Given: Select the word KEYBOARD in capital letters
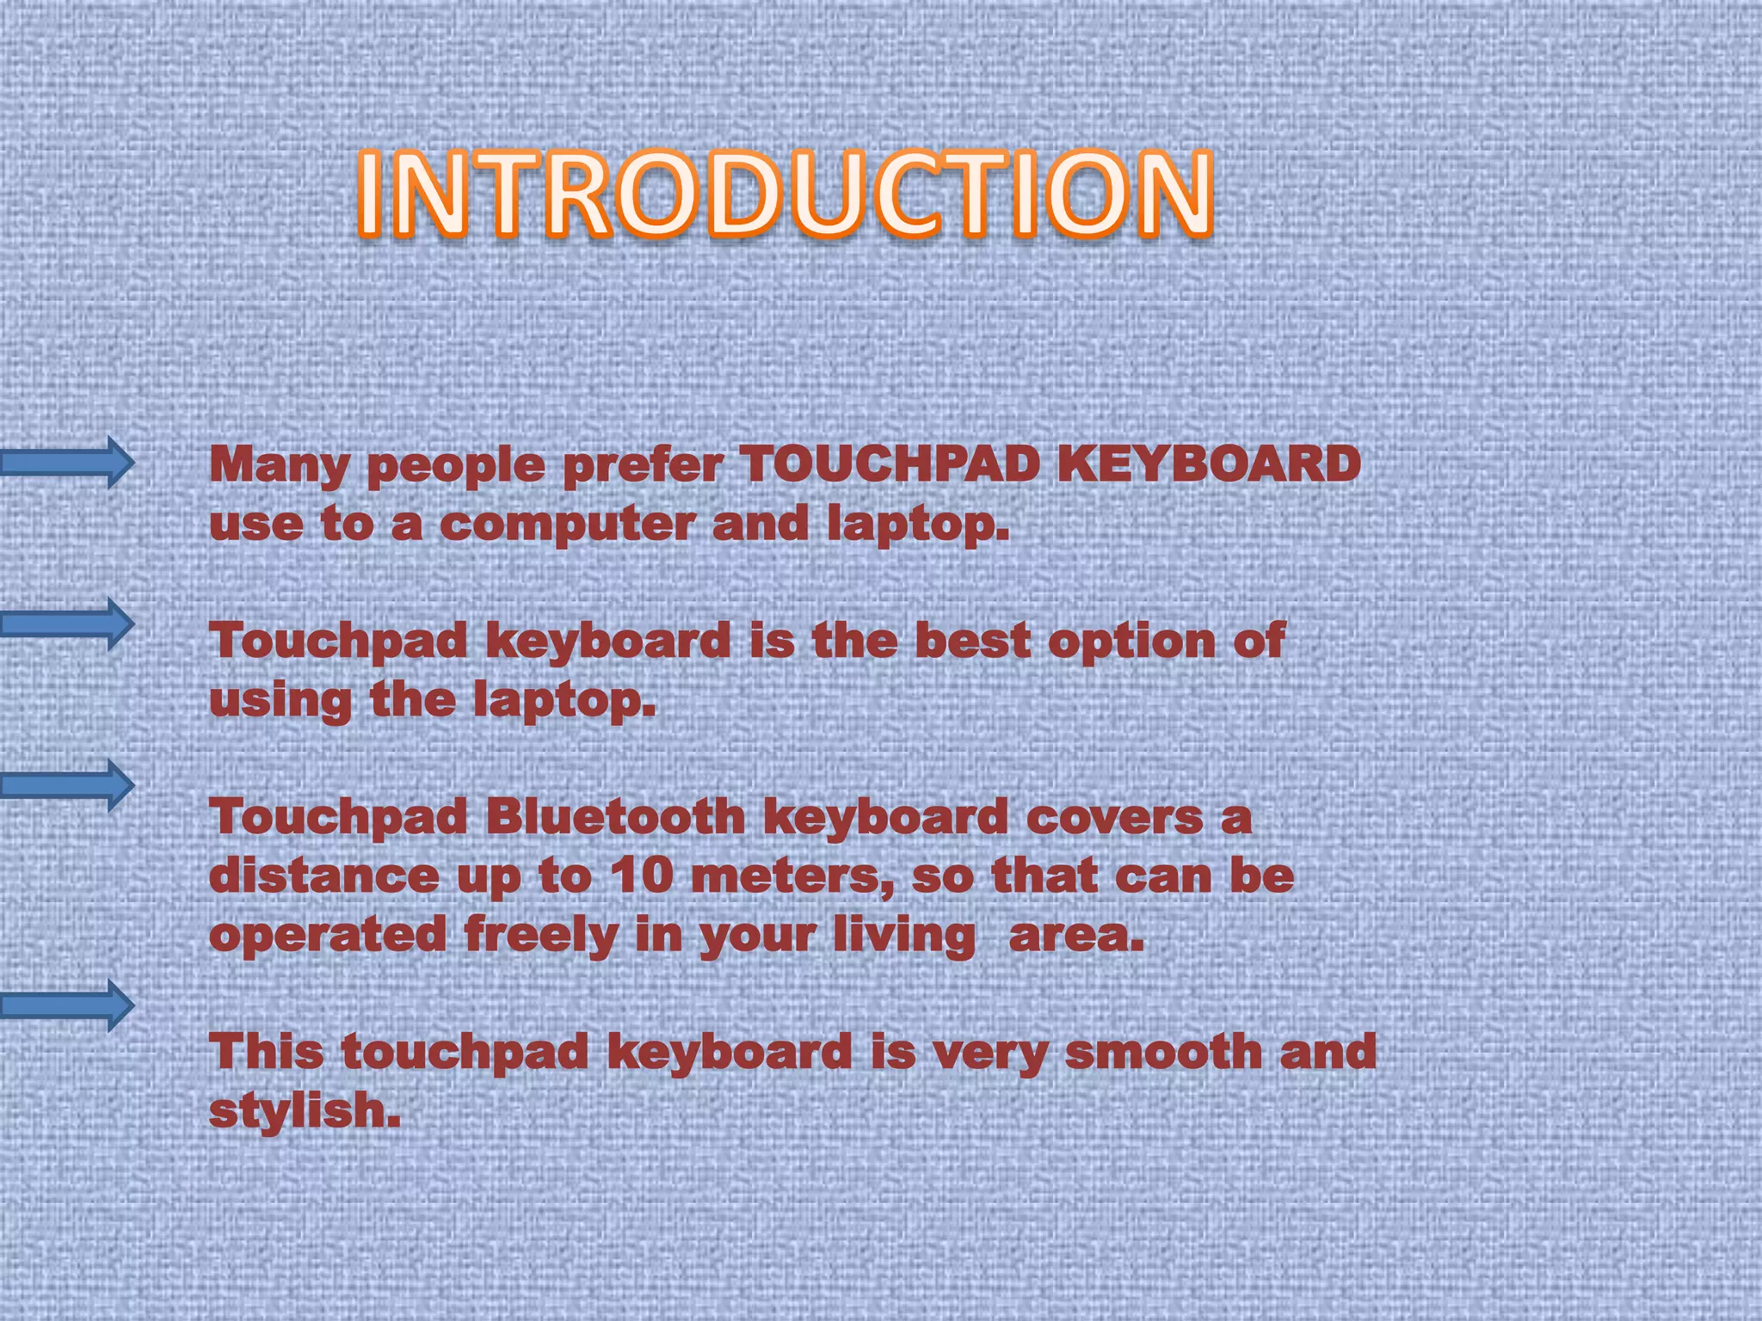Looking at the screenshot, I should tap(1208, 465).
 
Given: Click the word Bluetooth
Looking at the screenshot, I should tap(615, 816).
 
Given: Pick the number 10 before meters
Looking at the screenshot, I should tap(641, 876).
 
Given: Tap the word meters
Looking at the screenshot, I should tap(792, 877).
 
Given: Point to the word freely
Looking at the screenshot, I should tap(540, 937).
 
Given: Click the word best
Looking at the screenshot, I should tap(972, 642).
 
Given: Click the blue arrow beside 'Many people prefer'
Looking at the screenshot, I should tap(67, 463).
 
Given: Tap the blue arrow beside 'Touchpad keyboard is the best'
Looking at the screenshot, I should tap(67, 623).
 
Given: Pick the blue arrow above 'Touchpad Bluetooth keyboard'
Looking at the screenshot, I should tap(67, 785).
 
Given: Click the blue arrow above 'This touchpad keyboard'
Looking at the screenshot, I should tap(67, 1005).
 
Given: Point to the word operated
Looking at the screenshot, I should tap(328, 937).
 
